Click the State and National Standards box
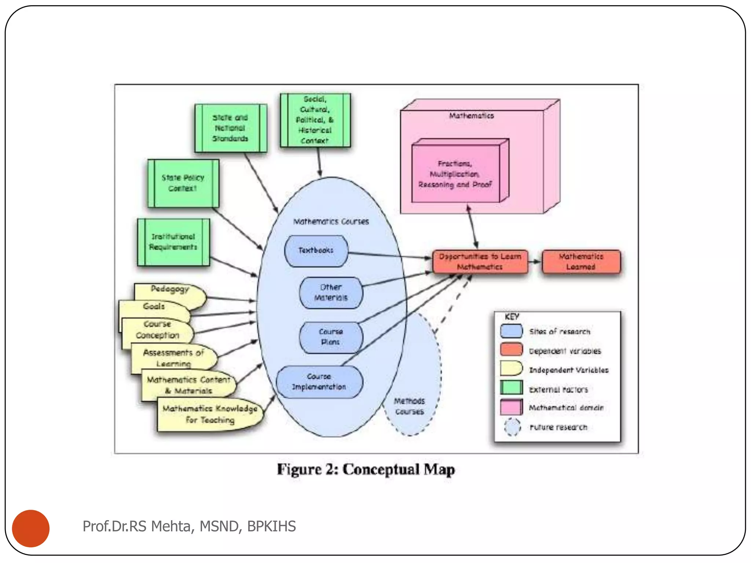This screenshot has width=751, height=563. pyautogui.click(x=231, y=128)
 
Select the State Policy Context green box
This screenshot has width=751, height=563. pyautogui.click(x=183, y=183)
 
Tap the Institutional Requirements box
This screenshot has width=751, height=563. pyautogui.click(x=173, y=242)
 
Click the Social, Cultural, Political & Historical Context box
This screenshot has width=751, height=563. pyautogui.click(x=315, y=120)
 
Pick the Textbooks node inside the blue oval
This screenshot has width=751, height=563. pyautogui.click(x=316, y=251)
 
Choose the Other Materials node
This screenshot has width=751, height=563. pyautogui.click(x=331, y=292)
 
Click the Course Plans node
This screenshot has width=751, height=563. pyautogui.click(x=331, y=337)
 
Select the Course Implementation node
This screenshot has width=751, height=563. pyautogui.click(x=319, y=382)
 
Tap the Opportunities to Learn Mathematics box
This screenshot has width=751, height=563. pyautogui.click(x=480, y=262)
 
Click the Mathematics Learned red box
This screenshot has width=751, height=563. pyautogui.click(x=581, y=262)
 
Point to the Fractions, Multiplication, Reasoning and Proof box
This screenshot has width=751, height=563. pyautogui.click(x=455, y=174)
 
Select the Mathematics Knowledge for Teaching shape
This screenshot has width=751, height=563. pyautogui.click(x=210, y=414)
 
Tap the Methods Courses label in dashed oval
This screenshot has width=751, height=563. pyautogui.click(x=410, y=406)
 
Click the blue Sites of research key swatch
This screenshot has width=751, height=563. pyautogui.click(x=511, y=331)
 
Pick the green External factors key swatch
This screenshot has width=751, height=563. pyautogui.click(x=511, y=388)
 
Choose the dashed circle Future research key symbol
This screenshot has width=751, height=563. pyautogui.click(x=512, y=427)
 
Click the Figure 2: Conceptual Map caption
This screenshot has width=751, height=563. pyautogui.click(x=366, y=470)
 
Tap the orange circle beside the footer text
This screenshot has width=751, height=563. pyautogui.click(x=31, y=528)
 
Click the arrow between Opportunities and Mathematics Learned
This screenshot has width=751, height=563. pyautogui.click(x=535, y=262)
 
